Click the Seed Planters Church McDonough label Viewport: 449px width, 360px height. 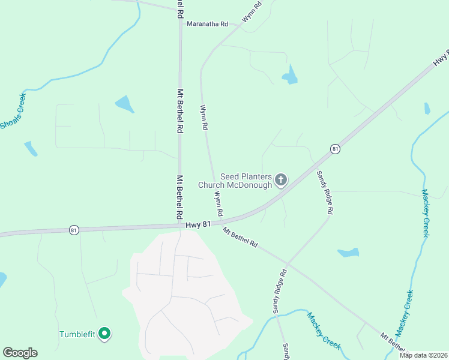[x=247, y=181]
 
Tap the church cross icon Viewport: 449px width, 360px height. [x=281, y=179]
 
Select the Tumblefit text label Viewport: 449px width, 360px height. [x=78, y=334]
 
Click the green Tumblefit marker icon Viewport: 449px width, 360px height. [x=105, y=334]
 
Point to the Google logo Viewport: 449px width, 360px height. [x=20, y=353]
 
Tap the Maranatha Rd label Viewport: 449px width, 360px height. [x=208, y=24]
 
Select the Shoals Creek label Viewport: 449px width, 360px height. [x=14, y=111]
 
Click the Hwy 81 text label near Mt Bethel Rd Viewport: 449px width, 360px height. [x=199, y=223]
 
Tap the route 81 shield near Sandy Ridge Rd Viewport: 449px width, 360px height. [x=335, y=149]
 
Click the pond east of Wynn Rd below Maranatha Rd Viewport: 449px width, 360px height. [x=291, y=76]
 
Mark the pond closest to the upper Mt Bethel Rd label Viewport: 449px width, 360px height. [x=125, y=104]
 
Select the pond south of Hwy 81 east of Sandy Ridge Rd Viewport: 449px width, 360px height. [x=348, y=253]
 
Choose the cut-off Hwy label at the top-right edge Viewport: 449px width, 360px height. [x=441, y=58]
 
